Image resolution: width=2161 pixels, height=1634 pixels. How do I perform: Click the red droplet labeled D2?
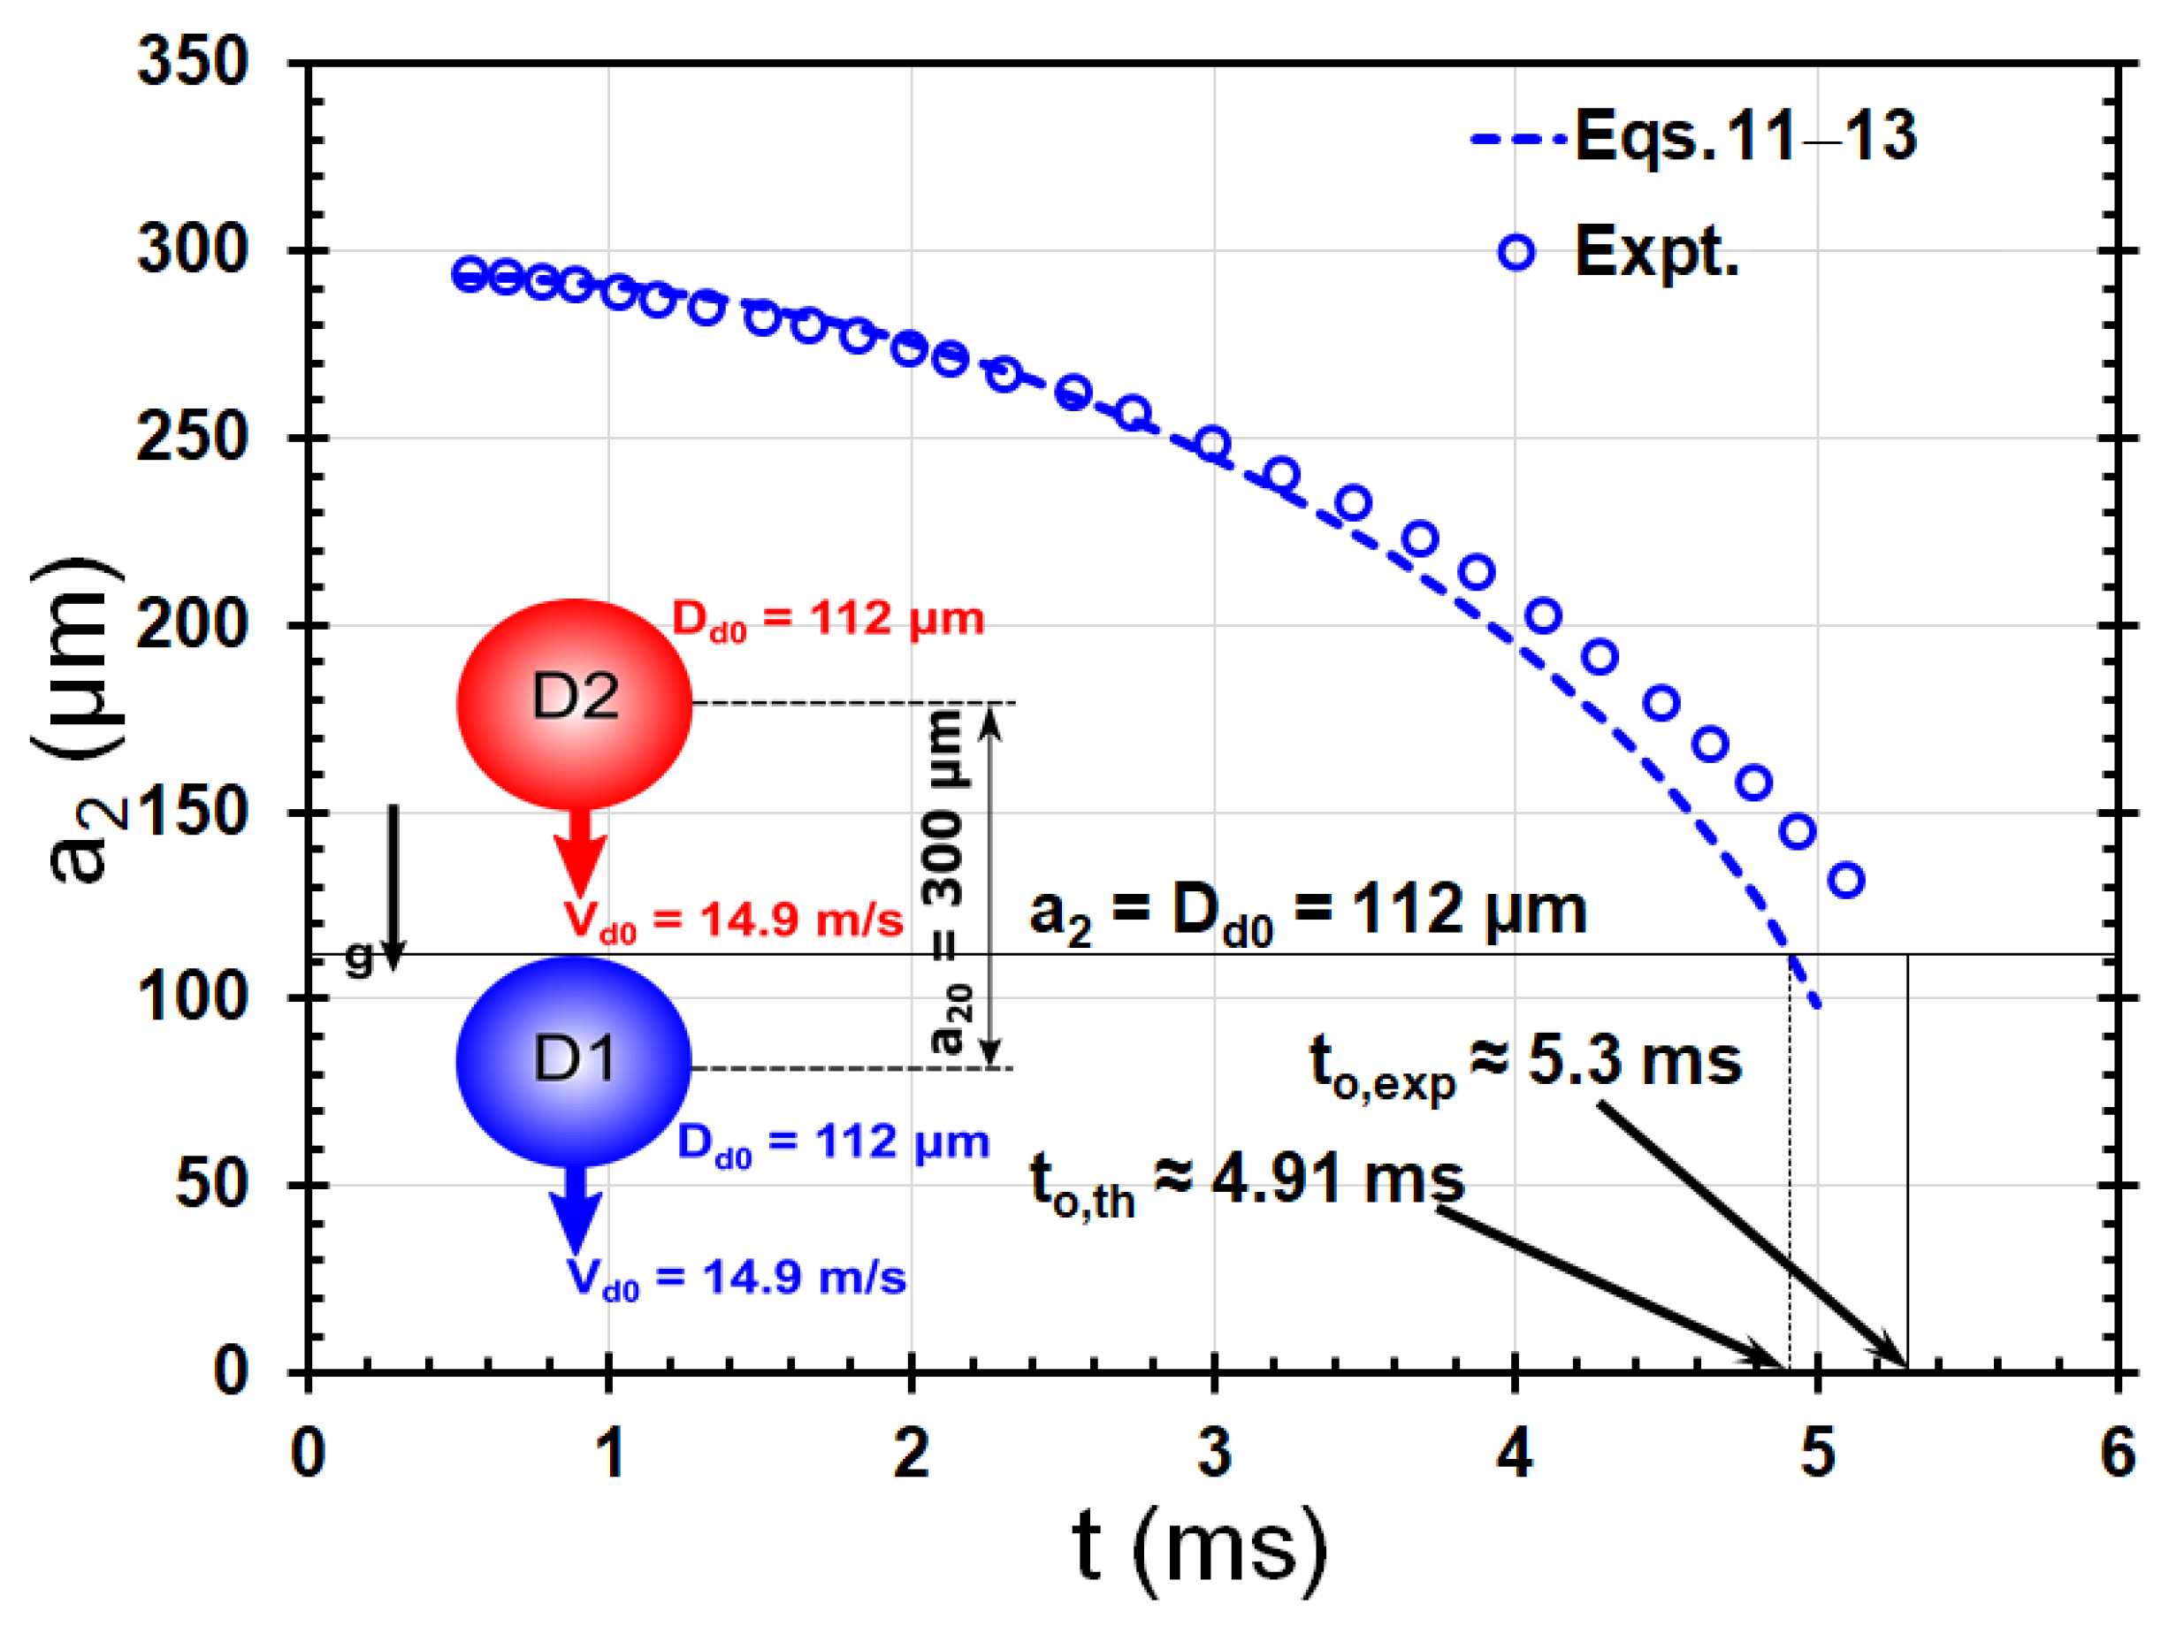click(x=575, y=703)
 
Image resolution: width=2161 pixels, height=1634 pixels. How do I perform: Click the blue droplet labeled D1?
click(x=575, y=1062)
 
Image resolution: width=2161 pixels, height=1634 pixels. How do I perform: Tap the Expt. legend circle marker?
click(x=1516, y=253)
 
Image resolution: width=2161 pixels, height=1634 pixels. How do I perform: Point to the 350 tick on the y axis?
click(x=193, y=62)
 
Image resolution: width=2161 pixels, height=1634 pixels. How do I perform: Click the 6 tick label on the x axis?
click(x=2118, y=1454)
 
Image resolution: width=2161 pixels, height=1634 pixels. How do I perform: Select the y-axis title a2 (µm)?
click(x=78, y=722)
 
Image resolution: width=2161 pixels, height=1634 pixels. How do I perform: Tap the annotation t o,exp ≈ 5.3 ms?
click(x=1525, y=1065)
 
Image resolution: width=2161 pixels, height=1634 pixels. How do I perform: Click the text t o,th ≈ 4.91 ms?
click(x=1247, y=1183)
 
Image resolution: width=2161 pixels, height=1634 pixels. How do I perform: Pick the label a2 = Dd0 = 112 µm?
click(x=1307, y=912)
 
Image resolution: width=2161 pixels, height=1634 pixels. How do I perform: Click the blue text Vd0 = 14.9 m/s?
click(x=737, y=1279)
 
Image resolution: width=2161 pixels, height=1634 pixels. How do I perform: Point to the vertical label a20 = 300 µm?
click(x=946, y=884)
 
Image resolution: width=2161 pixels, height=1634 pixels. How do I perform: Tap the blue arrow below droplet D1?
click(x=576, y=1210)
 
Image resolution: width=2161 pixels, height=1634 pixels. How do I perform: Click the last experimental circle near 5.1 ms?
click(x=1845, y=880)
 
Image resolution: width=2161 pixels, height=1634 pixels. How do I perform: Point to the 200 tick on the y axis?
click(x=193, y=625)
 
